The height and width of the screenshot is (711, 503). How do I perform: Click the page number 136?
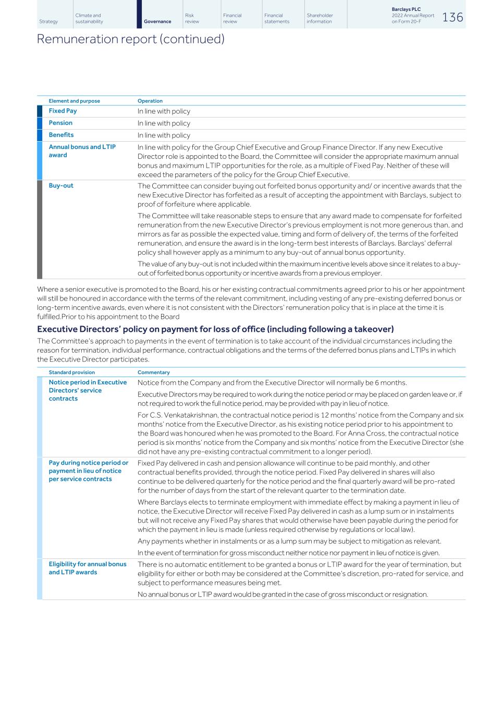(x=452, y=17)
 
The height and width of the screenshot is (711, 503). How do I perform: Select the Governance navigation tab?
(x=157, y=21)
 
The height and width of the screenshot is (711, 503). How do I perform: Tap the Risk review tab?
(x=192, y=19)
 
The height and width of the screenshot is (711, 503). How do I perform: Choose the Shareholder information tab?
(x=320, y=19)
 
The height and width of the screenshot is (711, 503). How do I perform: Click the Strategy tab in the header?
(x=48, y=21)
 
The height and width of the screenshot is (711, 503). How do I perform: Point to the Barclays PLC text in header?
(x=406, y=9)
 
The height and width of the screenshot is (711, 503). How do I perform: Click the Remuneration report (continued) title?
(x=130, y=39)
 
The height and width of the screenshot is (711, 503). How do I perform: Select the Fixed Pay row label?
(x=63, y=111)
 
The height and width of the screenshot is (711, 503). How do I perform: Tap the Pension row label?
(x=60, y=123)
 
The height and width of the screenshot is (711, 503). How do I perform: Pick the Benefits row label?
(x=61, y=135)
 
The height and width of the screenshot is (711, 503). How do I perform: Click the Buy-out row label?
(x=61, y=185)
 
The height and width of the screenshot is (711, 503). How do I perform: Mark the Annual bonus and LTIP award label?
(x=82, y=151)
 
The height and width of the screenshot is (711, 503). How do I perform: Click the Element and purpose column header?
(x=74, y=101)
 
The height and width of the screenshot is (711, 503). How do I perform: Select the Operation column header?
(x=150, y=101)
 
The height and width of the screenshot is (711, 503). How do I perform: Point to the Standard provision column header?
(x=72, y=372)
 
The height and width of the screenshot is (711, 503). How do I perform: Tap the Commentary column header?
(x=154, y=372)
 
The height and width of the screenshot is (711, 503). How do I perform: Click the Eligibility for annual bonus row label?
(x=87, y=568)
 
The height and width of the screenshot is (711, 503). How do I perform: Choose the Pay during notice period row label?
(x=88, y=471)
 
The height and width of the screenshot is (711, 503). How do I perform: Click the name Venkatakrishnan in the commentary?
(x=191, y=415)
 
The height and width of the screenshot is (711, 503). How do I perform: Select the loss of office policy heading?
(x=215, y=329)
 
